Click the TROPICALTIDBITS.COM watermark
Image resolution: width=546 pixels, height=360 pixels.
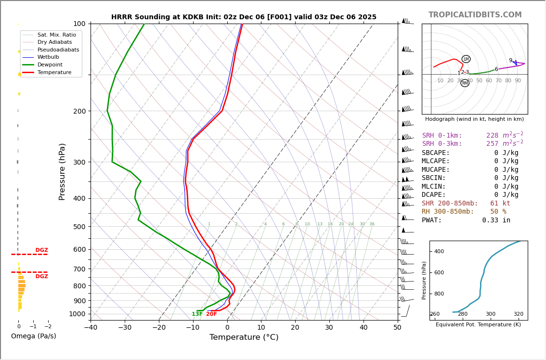(x=475, y=15)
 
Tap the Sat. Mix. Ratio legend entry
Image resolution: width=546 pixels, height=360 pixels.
(x=56, y=35)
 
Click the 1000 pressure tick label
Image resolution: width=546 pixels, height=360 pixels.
(x=78, y=314)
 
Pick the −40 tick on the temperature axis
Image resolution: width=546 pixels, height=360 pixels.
(x=91, y=328)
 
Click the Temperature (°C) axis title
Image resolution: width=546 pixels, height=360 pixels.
(x=244, y=337)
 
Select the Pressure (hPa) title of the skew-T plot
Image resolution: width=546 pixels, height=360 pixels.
(x=62, y=171)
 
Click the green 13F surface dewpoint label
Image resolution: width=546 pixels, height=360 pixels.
(x=197, y=314)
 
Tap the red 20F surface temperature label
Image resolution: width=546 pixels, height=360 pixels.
(x=211, y=314)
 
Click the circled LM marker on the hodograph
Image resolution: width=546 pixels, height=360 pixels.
(x=466, y=59)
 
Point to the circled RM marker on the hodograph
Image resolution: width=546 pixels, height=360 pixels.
(x=465, y=83)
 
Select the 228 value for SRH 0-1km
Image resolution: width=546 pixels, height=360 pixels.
(x=492, y=136)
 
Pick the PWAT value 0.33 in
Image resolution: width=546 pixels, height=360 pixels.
(x=496, y=220)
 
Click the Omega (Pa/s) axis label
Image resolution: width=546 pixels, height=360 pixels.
(x=33, y=336)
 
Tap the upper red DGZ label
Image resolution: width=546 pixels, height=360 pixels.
(x=41, y=250)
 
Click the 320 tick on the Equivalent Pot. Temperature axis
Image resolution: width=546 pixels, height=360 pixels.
(x=518, y=314)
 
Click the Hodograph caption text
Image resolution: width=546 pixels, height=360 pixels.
(x=474, y=119)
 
